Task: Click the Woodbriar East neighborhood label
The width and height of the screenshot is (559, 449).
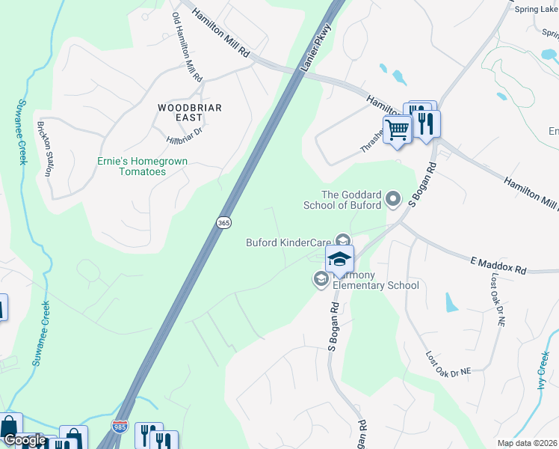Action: pos(190,112)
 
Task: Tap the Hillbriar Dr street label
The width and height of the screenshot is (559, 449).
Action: pos(184,136)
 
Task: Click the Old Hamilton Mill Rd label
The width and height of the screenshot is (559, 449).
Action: pos(187,46)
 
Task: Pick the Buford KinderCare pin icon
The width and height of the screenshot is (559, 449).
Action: pos(343,241)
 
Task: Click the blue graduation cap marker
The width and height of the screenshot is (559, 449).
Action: pos(339,260)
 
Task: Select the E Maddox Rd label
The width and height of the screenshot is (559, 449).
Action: pos(498,266)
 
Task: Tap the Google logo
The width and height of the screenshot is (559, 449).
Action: pos(24,440)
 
